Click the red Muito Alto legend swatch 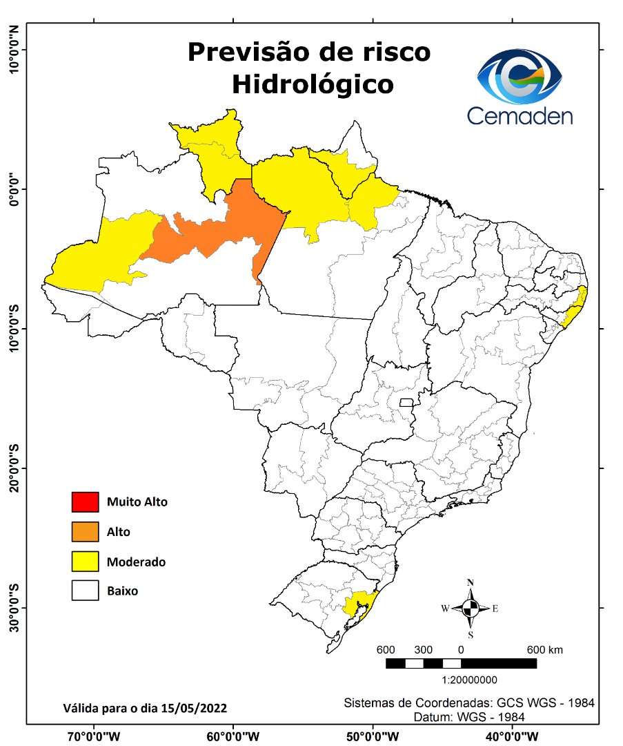tap(86, 501)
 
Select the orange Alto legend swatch tap(86, 532)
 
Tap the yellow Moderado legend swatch tap(86, 562)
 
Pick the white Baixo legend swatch tap(86, 591)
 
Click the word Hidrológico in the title tap(313, 84)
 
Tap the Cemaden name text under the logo tap(520, 115)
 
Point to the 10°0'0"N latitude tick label tap(14, 49)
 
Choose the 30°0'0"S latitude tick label tap(14, 607)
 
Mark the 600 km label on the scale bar tap(545, 650)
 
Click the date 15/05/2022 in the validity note tap(194, 708)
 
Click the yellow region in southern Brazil tap(357, 604)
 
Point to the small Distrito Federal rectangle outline tap(406, 402)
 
